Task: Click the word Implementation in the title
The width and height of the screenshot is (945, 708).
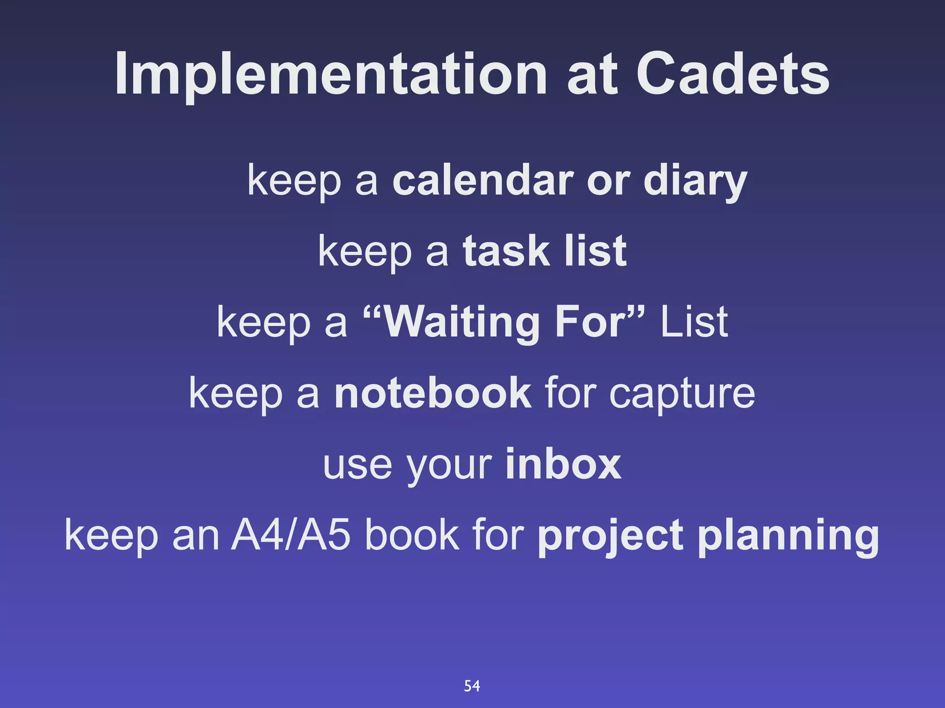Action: point(330,75)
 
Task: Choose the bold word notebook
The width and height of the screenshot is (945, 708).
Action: point(433,393)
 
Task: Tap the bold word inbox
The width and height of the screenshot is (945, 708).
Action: point(563,464)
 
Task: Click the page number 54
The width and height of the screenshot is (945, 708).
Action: point(472,686)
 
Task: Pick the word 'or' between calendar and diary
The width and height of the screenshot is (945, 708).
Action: point(608,181)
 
